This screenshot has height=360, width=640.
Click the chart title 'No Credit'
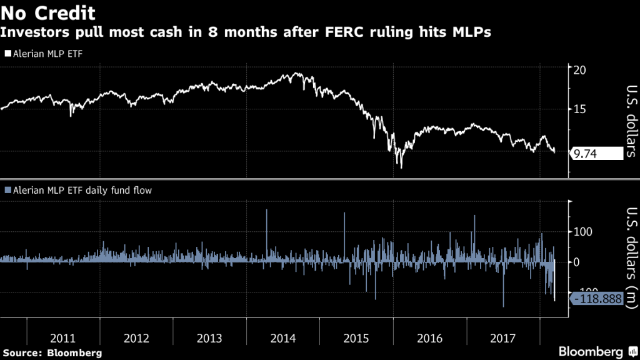coord(48,12)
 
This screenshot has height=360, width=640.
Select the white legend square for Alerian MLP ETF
coord(7,54)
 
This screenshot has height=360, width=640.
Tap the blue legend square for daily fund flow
coord(7,189)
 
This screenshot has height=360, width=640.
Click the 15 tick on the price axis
coord(579,110)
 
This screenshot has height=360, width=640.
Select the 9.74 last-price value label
coord(597,153)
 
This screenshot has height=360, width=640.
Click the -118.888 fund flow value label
coord(597,299)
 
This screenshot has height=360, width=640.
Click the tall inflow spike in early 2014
coord(267,211)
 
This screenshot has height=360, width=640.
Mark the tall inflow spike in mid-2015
coord(344,214)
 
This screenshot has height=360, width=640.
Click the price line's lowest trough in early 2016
coord(401,167)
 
